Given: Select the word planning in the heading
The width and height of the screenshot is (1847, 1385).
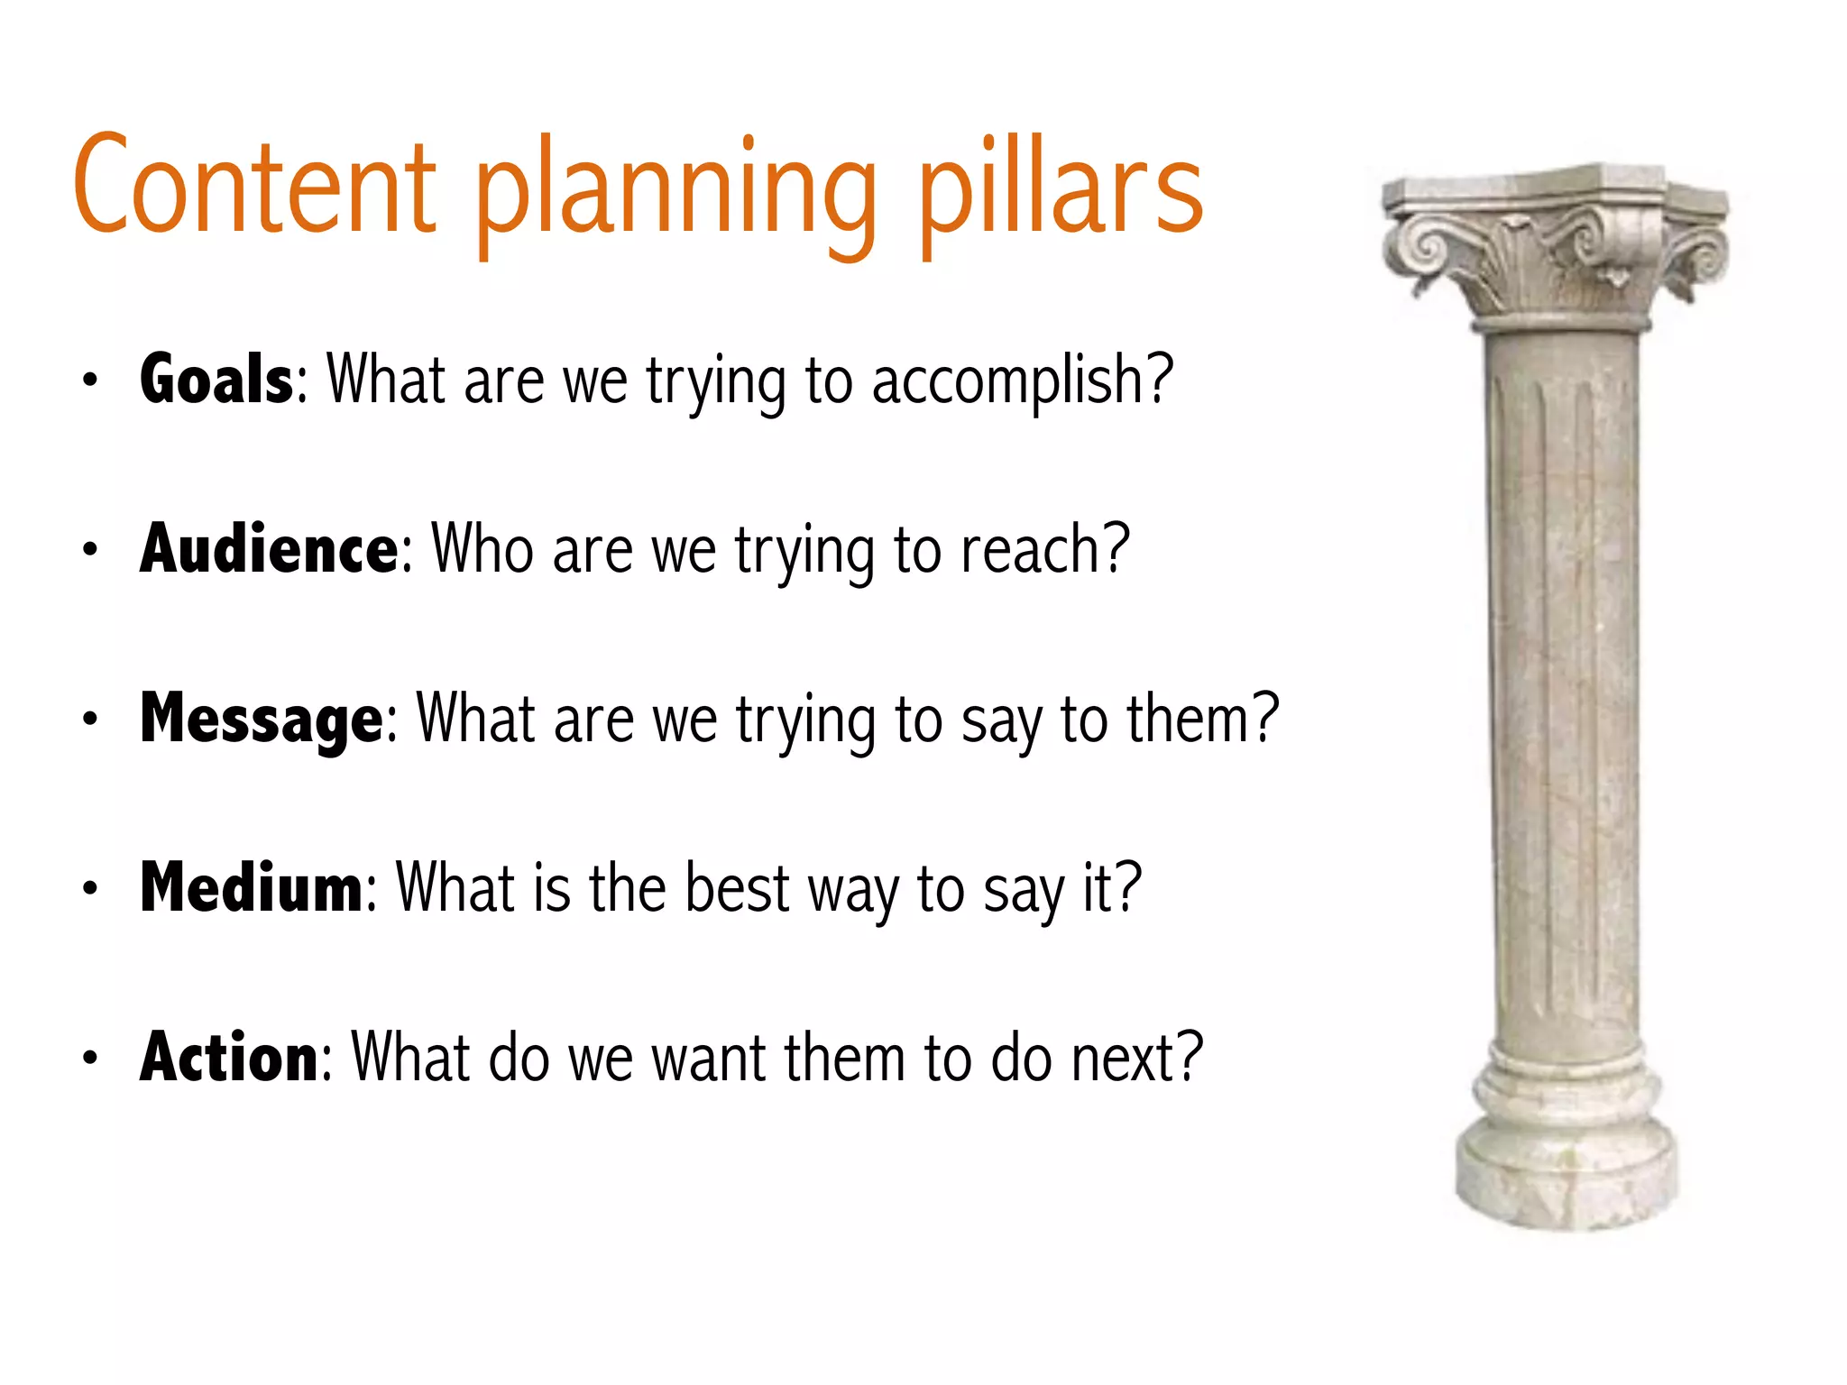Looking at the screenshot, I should [x=675, y=194].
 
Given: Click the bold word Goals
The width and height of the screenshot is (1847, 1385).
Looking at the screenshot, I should [x=216, y=380].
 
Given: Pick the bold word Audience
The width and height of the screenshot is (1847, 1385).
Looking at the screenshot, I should [x=269, y=549].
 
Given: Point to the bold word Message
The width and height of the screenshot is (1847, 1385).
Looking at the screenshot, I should [x=262, y=720].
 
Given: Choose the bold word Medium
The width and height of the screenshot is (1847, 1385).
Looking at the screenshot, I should [x=251, y=889].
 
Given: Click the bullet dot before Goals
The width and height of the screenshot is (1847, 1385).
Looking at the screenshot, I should [x=89, y=381].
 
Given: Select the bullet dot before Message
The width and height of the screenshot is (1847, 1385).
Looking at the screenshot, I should [x=89, y=720].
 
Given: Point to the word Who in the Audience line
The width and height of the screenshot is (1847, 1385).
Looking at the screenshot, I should [x=482, y=549].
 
